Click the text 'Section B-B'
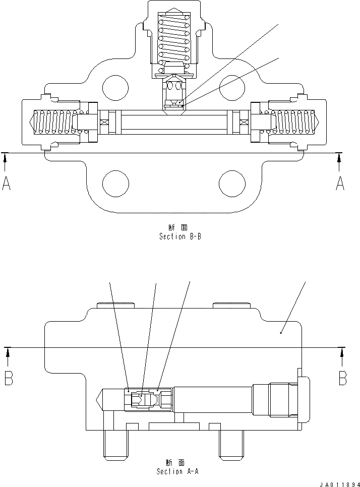pos(180,236)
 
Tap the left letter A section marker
pos(6,184)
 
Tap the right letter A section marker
pos(340,184)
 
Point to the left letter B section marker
pos(8,378)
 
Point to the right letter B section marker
pos(342,378)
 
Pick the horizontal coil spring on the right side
pos(295,124)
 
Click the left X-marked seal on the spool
pos(104,123)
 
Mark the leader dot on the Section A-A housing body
pos(281,333)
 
